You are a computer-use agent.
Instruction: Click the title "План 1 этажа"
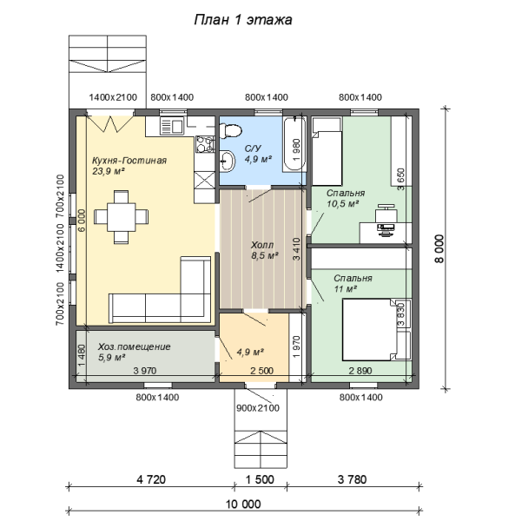click(x=243, y=20)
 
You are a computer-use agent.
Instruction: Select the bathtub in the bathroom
click(x=294, y=144)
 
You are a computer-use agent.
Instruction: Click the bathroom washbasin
click(x=227, y=161)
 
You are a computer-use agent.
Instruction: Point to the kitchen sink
click(x=172, y=126)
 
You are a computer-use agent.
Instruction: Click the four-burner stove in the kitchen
click(x=205, y=144)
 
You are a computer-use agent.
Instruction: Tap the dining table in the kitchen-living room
click(x=121, y=217)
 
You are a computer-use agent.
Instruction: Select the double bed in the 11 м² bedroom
click(x=370, y=330)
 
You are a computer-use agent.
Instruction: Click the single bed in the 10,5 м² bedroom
click(x=327, y=151)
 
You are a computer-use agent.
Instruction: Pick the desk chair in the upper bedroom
click(x=386, y=213)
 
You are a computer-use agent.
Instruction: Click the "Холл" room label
click(x=262, y=245)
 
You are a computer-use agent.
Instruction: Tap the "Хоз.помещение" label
click(x=135, y=346)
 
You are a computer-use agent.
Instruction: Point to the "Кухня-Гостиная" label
click(x=129, y=161)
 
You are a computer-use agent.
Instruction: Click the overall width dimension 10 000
click(x=243, y=504)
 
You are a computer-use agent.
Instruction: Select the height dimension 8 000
click(x=439, y=249)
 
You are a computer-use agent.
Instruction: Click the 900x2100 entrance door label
click(x=258, y=408)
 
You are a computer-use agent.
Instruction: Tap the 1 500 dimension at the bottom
click(x=260, y=479)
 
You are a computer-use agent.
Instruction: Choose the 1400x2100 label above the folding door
click(x=113, y=97)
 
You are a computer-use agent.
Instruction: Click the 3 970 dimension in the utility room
click(x=145, y=371)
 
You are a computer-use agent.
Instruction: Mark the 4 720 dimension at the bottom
click(x=151, y=479)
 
